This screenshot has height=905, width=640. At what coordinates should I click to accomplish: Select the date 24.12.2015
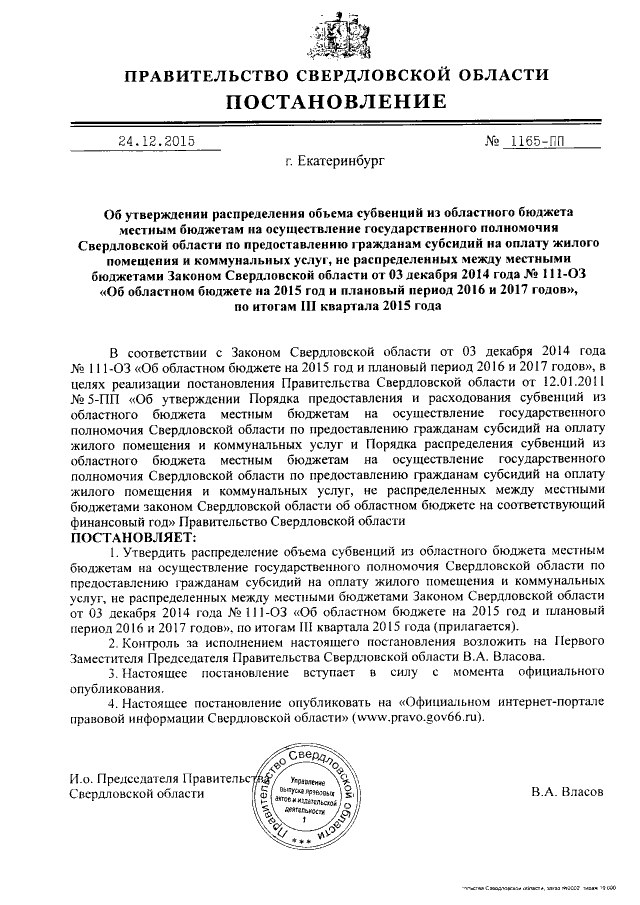coord(155,141)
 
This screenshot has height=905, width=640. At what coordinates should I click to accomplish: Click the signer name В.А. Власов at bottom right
coord(568,792)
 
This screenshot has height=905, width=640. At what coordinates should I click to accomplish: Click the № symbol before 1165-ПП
coord(491,141)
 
